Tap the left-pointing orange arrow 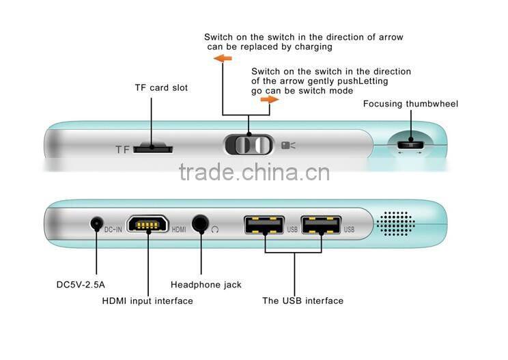click(x=223, y=59)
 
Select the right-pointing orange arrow click(x=270, y=99)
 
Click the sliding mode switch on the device click(x=248, y=145)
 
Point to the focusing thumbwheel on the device click(x=410, y=144)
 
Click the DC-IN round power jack click(x=96, y=223)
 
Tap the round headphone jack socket click(x=201, y=223)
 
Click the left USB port click(x=264, y=225)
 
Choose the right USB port click(x=321, y=225)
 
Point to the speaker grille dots click(x=396, y=223)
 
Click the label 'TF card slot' click(x=161, y=88)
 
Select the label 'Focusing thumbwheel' click(x=410, y=104)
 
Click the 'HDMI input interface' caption click(x=147, y=301)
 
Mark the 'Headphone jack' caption click(x=206, y=285)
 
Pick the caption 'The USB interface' click(x=302, y=301)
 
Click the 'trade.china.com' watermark click(x=254, y=172)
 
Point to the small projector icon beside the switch click(x=288, y=145)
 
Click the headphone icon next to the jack click(x=216, y=230)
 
